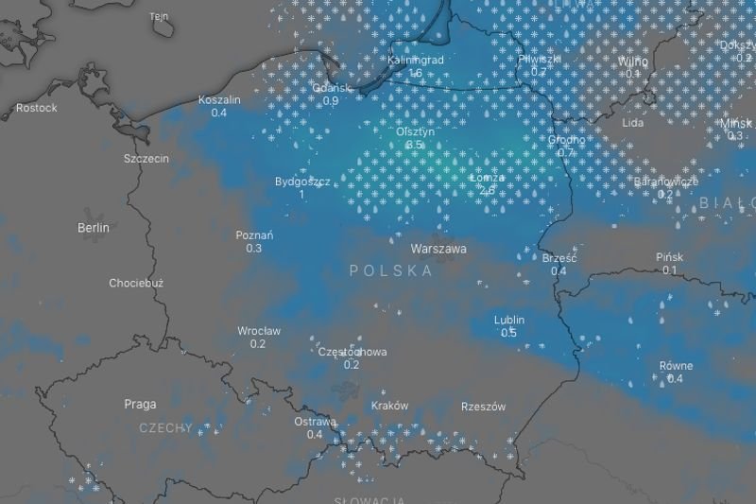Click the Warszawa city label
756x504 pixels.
438,250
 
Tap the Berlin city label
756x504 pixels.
94,228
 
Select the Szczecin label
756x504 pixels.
146,159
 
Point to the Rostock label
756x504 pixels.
37,108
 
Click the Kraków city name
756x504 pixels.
390,406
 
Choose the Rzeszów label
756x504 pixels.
483,407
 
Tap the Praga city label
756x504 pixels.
141,404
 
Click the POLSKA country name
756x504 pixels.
391,271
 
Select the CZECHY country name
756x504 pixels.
165,428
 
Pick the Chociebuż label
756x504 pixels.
136,283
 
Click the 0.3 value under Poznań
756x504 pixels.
254,249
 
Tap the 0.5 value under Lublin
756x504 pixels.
508,333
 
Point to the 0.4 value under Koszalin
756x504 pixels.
219,113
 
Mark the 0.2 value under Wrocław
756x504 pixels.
258,344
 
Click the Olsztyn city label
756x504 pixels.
416,132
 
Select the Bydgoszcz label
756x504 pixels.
301,182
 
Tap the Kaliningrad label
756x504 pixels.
416,61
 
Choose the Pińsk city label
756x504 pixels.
669,257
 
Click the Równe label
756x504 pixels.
676,366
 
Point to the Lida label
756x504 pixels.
633,123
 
